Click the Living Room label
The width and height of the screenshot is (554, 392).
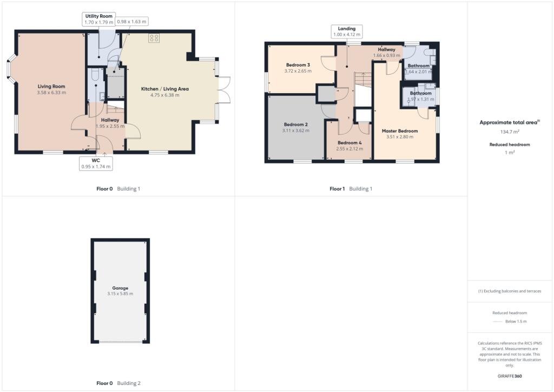(x=51, y=86)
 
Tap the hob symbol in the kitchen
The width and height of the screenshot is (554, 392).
(x=154, y=38)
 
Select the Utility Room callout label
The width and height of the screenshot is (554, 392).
(x=98, y=16)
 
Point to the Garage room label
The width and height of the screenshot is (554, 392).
(x=120, y=288)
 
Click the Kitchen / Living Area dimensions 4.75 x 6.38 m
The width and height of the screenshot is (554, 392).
(x=164, y=95)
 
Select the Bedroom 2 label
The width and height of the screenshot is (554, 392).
(x=295, y=124)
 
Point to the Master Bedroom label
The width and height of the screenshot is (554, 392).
(x=400, y=130)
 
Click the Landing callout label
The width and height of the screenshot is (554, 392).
(x=347, y=28)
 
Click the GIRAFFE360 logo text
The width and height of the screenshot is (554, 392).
(x=510, y=376)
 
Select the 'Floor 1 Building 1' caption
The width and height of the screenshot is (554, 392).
(x=351, y=189)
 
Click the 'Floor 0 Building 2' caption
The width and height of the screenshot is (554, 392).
(x=118, y=383)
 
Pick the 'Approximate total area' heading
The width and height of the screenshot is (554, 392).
(x=509, y=122)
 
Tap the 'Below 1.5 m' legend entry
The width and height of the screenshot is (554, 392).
(x=516, y=322)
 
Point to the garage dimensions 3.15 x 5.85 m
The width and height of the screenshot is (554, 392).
(x=120, y=294)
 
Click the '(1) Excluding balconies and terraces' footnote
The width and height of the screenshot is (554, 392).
(x=510, y=291)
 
